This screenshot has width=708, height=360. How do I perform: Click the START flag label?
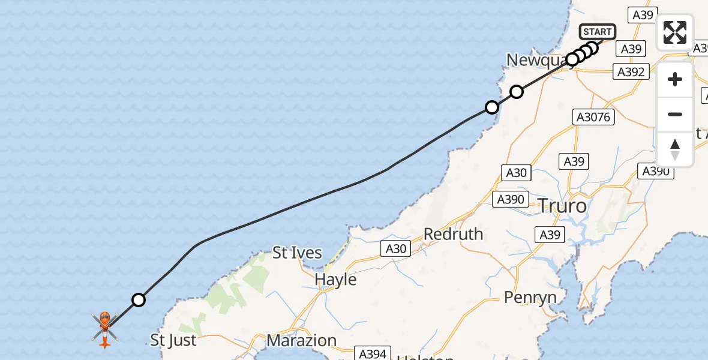(597, 32)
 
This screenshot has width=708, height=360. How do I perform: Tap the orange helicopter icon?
(104, 328)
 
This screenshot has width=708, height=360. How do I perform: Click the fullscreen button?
(675, 32)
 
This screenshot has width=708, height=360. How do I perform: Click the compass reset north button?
(675, 149)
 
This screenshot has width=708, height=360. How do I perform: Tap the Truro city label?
(562, 206)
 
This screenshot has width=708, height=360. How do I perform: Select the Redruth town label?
(453, 233)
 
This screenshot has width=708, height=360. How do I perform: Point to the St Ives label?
(297, 253)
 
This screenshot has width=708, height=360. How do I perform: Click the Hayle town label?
(335, 280)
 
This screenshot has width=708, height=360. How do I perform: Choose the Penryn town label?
(530, 297)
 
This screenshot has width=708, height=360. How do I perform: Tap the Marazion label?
(301, 340)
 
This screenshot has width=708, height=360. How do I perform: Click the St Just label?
(173, 341)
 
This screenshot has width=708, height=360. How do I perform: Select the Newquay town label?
(536, 59)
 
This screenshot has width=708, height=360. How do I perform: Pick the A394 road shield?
(373, 354)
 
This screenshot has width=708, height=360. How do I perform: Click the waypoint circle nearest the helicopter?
(139, 299)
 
